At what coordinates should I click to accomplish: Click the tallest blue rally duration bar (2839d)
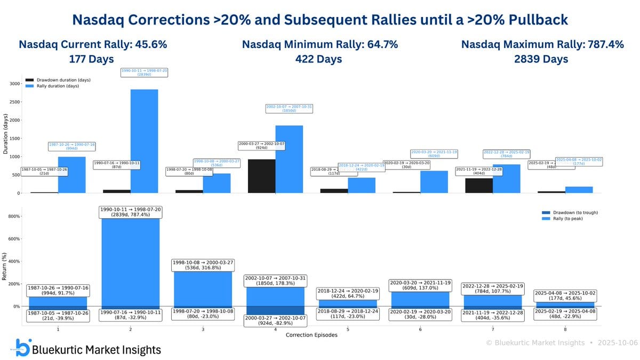[144, 141]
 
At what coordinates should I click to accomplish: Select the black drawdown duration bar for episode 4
[261, 176]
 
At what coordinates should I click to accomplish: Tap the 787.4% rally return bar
[130, 261]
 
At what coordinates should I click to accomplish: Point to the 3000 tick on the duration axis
[14, 84]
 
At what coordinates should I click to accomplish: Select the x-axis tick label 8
[565, 330]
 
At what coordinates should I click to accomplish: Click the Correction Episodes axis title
[311, 335]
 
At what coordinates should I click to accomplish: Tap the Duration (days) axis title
[5, 133]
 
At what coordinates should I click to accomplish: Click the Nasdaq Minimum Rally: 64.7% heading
[319, 45]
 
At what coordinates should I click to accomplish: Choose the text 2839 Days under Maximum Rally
[541, 59]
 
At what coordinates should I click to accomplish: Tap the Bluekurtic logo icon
[23, 347]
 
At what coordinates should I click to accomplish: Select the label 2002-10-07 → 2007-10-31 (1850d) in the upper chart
[289, 109]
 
